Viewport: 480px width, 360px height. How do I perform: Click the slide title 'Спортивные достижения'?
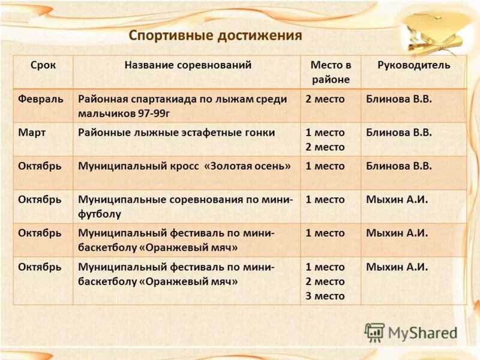[215, 35]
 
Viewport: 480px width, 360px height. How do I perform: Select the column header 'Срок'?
[43, 65]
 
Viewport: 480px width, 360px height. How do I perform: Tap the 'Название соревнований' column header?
[188, 65]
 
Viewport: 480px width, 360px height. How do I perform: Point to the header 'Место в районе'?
[331, 72]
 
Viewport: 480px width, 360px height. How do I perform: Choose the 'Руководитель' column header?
[413, 65]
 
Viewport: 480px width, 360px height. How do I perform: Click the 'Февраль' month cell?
[40, 98]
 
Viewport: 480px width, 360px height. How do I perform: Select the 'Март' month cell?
[32, 133]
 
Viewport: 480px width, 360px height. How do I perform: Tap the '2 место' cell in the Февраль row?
[325, 98]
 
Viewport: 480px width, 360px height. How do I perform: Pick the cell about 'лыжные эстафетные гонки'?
[177, 133]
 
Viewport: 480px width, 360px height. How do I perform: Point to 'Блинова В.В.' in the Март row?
[398, 133]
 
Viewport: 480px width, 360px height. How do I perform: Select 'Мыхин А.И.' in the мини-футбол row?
[397, 200]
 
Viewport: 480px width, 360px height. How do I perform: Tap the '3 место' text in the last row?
[325, 296]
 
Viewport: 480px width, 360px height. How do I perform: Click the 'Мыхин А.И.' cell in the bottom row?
[397, 267]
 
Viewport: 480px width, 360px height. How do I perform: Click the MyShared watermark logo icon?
[375, 332]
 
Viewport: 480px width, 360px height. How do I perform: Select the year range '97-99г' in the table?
[151, 113]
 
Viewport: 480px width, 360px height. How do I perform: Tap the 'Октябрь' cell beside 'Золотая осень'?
[40, 166]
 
